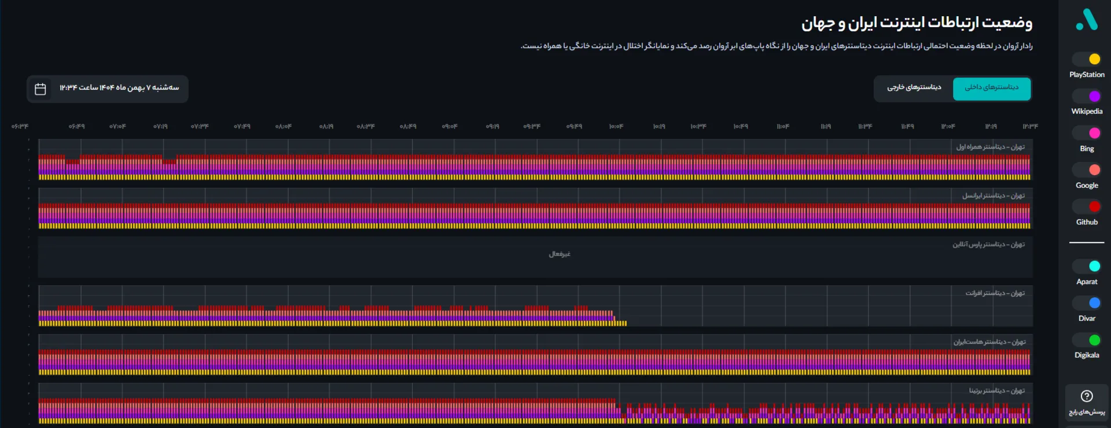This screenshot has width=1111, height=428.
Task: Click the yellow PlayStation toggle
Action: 1087,59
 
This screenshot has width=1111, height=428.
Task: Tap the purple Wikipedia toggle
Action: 1087,96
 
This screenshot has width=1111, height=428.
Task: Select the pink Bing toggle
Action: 1087,133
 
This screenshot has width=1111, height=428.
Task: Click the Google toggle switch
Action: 1087,170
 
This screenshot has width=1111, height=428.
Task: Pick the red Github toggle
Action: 1087,206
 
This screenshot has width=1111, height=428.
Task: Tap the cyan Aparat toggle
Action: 1087,266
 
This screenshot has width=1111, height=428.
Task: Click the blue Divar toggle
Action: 1087,303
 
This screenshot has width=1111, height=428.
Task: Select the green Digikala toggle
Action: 1087,340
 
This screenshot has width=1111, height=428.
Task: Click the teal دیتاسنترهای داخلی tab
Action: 991,88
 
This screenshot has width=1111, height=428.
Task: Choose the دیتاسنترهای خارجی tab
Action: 914,88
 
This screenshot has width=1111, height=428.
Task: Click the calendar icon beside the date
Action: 41,89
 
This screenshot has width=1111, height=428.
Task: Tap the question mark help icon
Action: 1087,396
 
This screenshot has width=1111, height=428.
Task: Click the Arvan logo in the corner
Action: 1087,20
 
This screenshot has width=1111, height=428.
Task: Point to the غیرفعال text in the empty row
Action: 560,254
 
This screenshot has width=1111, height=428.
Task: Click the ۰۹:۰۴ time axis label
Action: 450,127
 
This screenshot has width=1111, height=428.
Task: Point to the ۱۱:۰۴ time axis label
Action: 782,127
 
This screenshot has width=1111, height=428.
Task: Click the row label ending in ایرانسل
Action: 993,196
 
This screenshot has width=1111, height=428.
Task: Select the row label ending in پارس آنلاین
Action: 988,245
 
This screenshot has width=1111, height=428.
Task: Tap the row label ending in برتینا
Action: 996,391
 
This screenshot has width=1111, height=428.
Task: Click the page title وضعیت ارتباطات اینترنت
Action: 917,23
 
